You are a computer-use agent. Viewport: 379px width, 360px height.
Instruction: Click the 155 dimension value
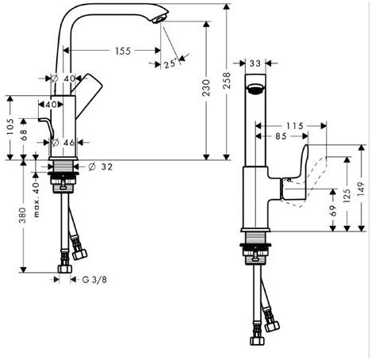point(123,51)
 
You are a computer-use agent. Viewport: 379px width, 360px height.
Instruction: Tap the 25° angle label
point(170,64)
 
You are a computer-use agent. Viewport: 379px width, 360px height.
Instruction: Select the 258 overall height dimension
point(227,80)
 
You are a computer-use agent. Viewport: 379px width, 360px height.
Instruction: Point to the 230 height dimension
point(206,88)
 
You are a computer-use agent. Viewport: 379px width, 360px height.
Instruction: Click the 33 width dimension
point(255,63)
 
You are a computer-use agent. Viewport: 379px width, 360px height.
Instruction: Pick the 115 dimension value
point(295,126)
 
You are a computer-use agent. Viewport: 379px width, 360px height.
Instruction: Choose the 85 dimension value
point(281,136)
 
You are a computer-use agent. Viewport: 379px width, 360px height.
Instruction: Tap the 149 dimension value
point(362,189)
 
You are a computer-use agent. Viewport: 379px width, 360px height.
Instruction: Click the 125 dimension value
point(347,195)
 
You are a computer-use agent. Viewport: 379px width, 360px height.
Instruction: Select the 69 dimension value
point(333,210)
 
